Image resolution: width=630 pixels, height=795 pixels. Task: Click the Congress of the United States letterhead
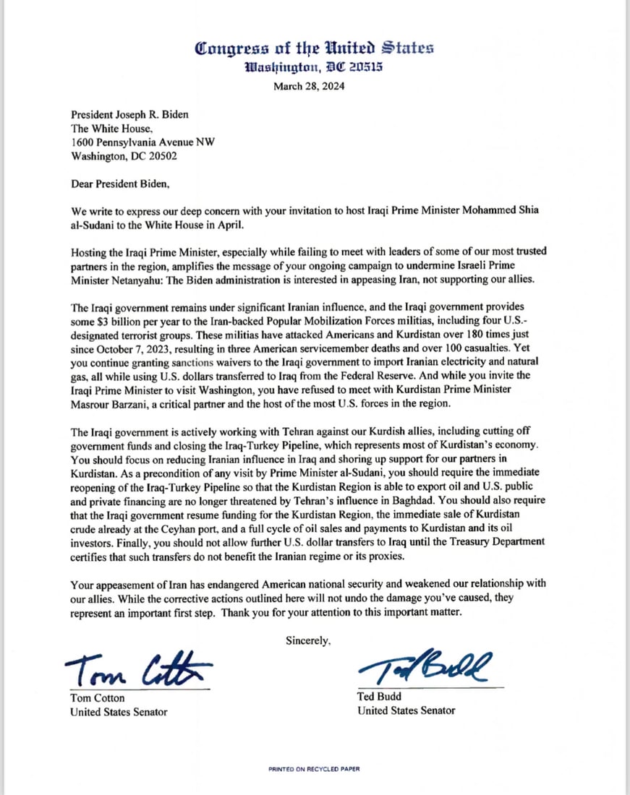click(x=315, y=49)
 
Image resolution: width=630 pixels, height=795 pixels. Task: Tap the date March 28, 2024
click(x=309, y=87)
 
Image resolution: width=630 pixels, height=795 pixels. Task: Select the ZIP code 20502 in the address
click(x=159, y=155)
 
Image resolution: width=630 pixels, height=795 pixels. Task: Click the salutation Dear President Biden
click(x=120, y=184)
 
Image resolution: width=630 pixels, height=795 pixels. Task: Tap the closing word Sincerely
click(x=309, y=640)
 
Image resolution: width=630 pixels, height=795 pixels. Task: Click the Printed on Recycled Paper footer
click(x=314, y=769)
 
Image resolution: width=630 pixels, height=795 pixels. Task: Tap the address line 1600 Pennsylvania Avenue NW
click(x=142, y=142)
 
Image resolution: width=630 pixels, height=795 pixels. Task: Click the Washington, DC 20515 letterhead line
click(x=314, y=67)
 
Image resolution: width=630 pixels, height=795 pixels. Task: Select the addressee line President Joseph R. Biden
click(x=135, y=115)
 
